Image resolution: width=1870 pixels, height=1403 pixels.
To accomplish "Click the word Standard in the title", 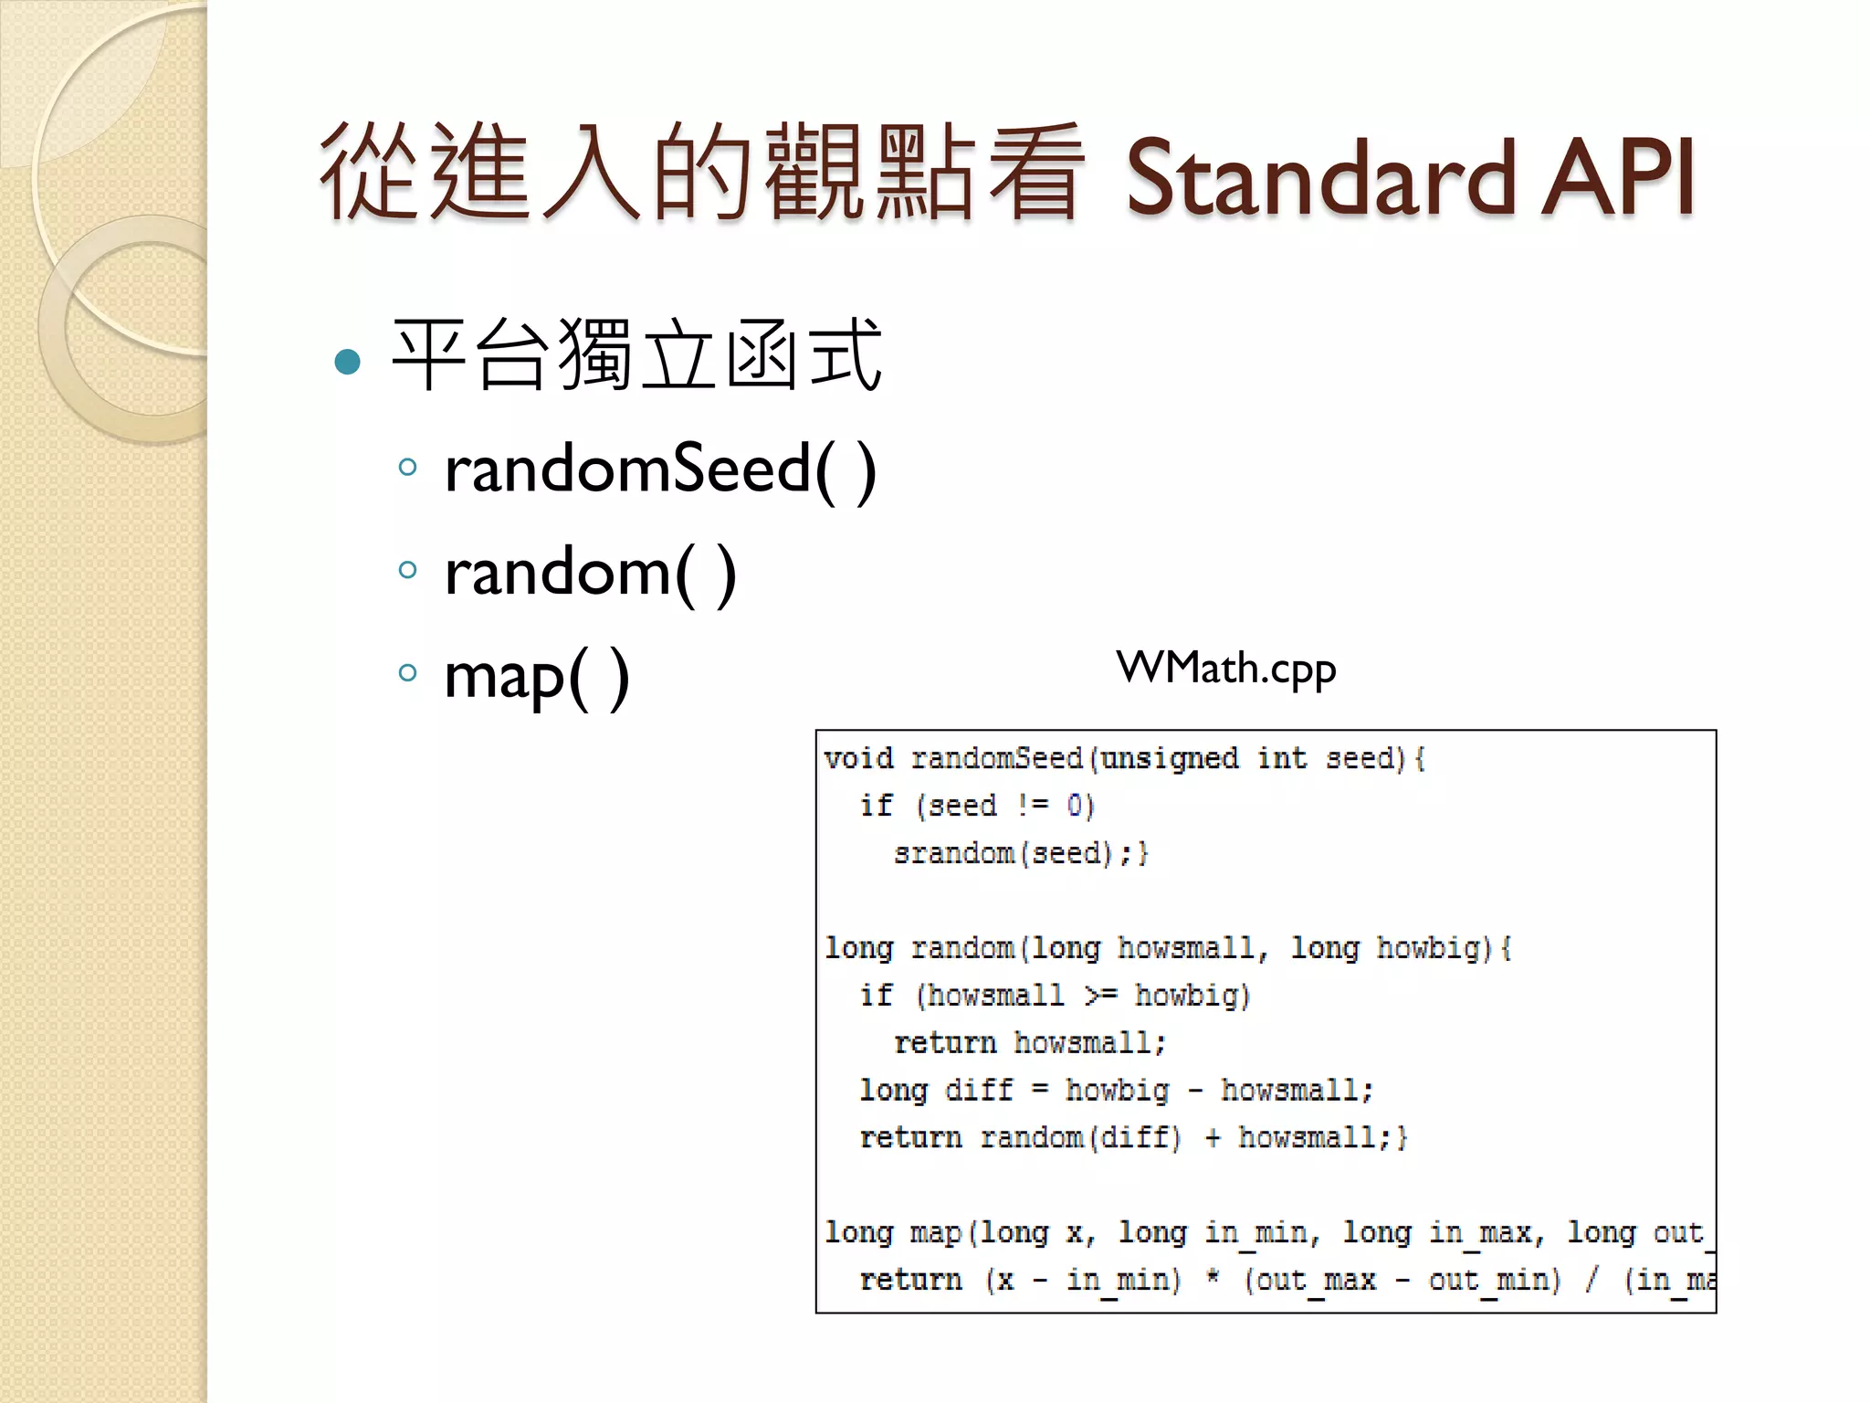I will (x=1324, y=178).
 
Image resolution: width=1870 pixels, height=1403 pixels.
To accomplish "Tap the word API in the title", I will (x=1618, y=178).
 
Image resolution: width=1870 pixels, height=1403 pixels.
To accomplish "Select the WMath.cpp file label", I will (x=1226, y=669).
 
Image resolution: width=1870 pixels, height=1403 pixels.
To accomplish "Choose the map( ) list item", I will (x=537, y=677).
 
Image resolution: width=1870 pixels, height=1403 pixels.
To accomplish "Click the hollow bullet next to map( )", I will (x=408, y=674).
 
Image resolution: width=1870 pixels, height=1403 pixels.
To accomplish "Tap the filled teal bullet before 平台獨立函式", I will (x=348, y=362).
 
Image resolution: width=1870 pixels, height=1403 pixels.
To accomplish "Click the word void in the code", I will (x=858, y=759).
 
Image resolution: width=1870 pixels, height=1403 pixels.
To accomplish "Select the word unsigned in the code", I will (x=1170, y=759).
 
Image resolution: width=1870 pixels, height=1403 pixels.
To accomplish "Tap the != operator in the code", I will (x=1033, y=806).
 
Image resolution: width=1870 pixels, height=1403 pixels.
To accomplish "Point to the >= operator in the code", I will (x=1100, y=996).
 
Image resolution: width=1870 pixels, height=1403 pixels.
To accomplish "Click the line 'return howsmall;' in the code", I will (x=1030, y=1043).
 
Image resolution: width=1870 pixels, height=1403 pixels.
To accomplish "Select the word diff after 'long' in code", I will (x=979, y=1091).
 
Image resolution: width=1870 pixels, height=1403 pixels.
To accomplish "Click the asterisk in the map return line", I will (x=1213, y=1278).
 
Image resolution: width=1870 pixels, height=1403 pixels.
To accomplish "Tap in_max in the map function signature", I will (x=1485, y=1233).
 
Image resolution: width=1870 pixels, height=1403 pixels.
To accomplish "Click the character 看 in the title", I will (x=1035, y=174).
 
